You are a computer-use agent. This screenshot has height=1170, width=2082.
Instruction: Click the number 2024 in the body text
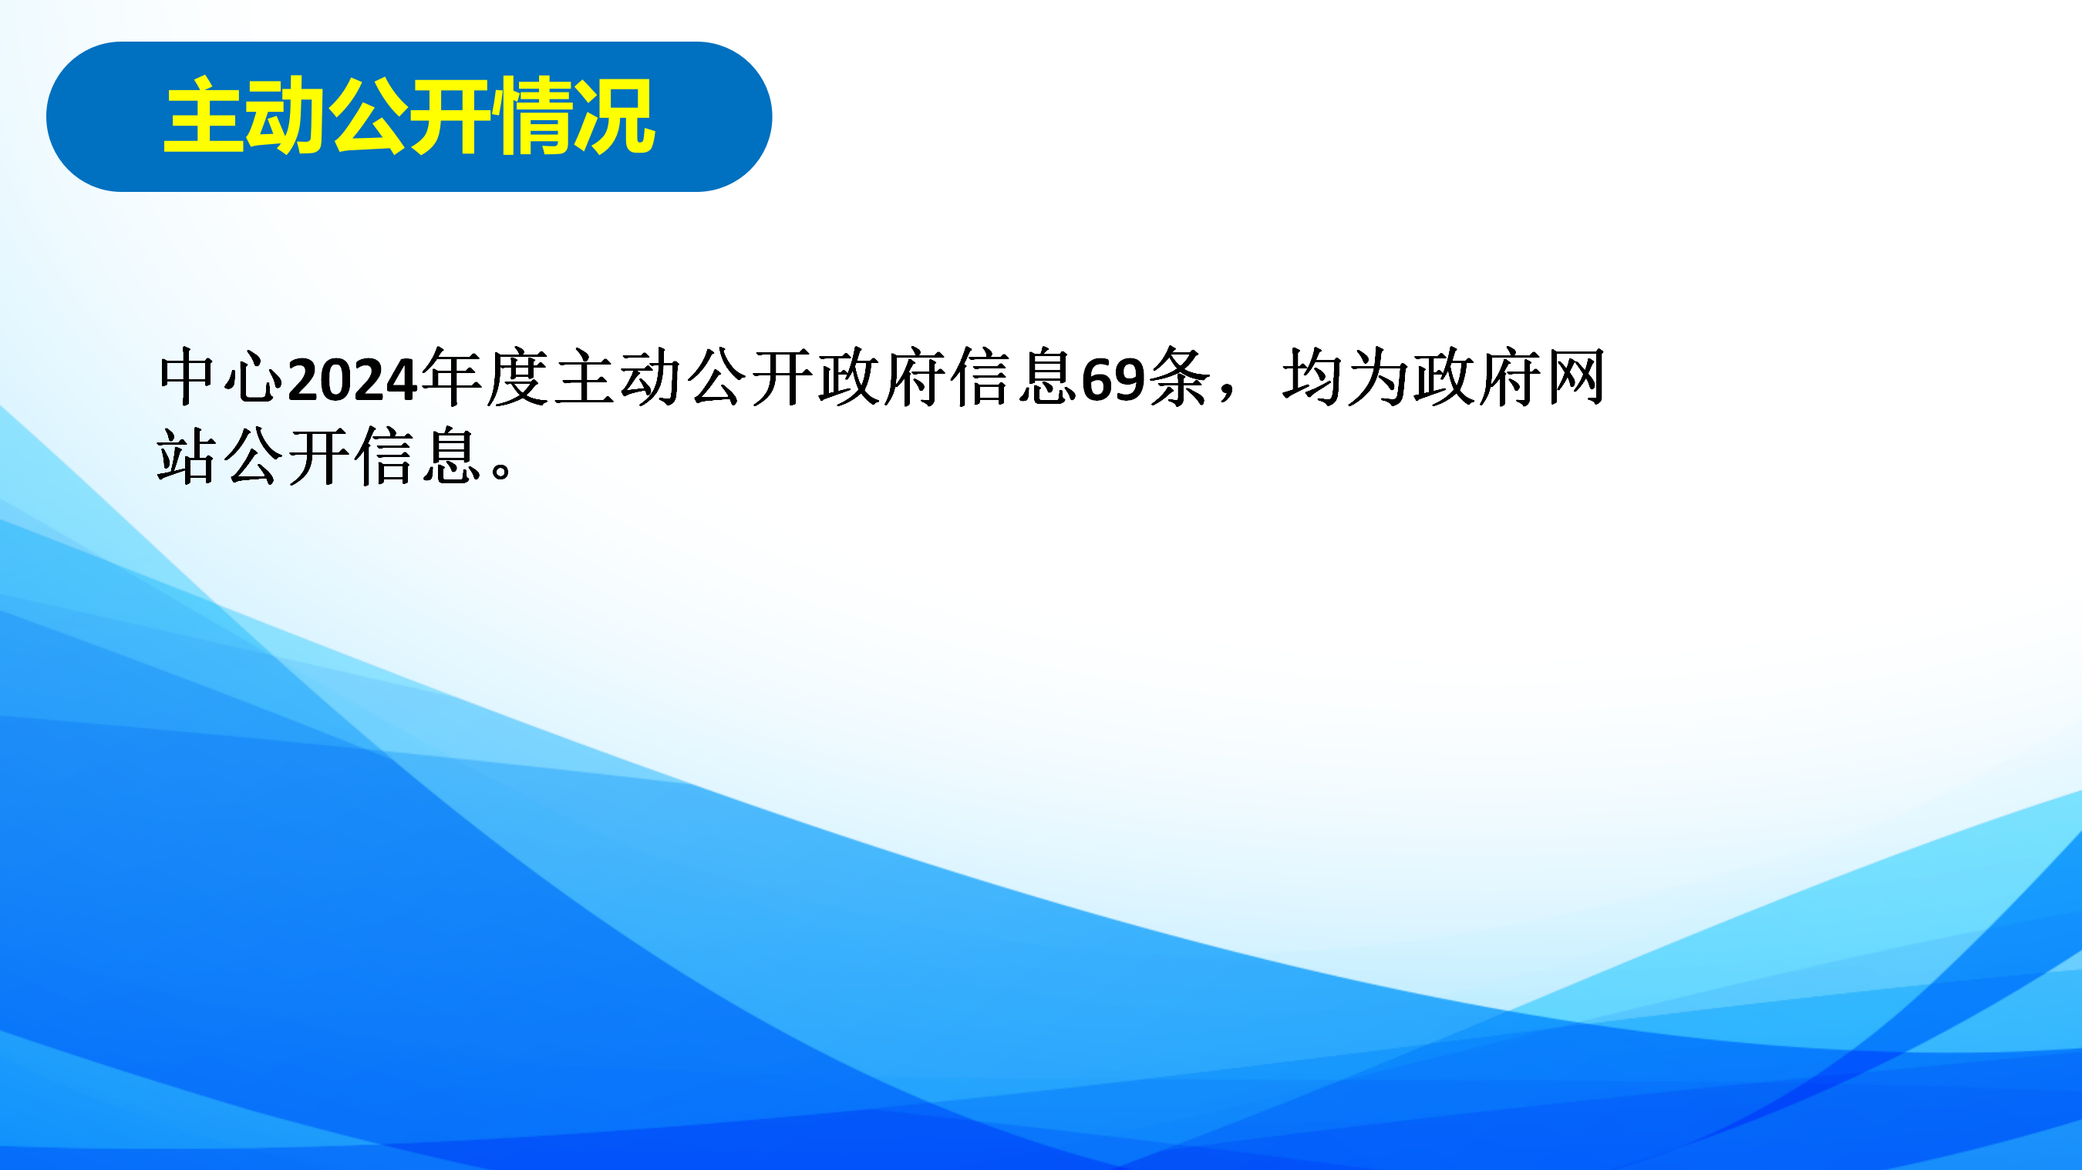click(352, 379)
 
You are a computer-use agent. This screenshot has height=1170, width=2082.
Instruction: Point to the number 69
click(1113, 379)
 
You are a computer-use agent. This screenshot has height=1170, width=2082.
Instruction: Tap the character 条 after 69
click(1179, 378)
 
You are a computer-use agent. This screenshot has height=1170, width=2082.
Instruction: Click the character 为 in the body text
click(1378, 378)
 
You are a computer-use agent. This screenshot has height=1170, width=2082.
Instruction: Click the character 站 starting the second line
click(187, 456)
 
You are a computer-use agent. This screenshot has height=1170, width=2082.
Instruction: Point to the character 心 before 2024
click(254, 378)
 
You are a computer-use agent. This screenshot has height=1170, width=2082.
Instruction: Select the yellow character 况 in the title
click(614, 116)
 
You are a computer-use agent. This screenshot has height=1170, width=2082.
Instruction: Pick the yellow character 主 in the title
click(204, 116)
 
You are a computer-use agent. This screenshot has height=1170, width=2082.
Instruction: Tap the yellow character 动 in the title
click(285, 116)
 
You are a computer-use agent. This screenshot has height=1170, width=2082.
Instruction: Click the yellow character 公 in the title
click(368, 116)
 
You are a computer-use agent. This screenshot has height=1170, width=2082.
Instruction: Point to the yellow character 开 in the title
click(450, 116)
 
